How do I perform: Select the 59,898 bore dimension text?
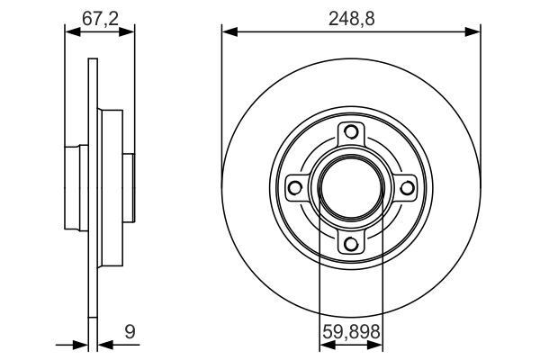coord(351,334)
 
